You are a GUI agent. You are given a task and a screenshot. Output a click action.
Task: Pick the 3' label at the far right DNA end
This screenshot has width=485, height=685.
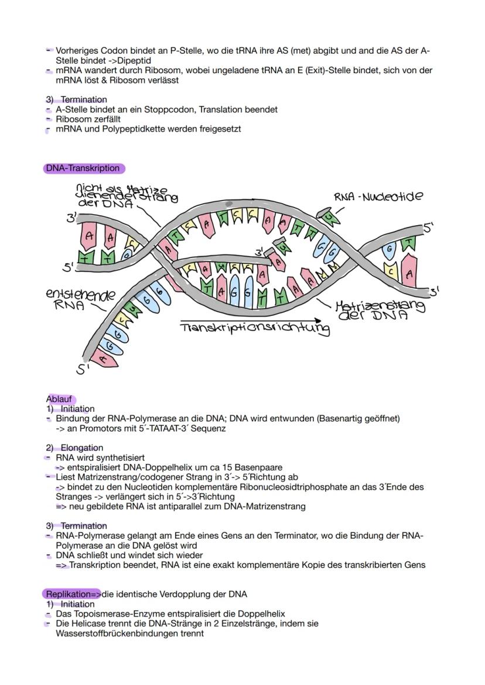click(x=434, y=291)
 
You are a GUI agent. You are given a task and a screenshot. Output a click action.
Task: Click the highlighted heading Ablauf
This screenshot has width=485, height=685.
click(x=59, y=400)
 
